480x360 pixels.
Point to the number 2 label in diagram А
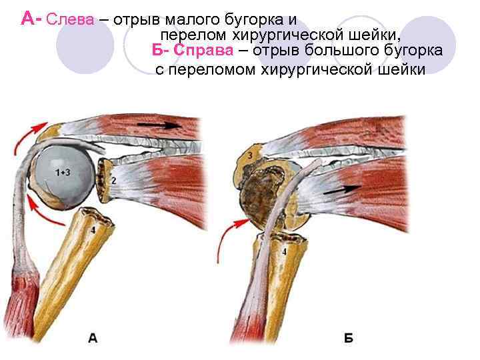click(x=113, y=181)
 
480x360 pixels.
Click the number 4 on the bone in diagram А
click(x=93, y=230)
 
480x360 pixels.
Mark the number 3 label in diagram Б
click(x=249, y=156)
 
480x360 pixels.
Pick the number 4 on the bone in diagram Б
click(x=284, y=253)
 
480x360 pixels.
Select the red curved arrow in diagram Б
click(x=231, y=239)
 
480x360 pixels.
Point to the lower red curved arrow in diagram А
click(x=40, y=213)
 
